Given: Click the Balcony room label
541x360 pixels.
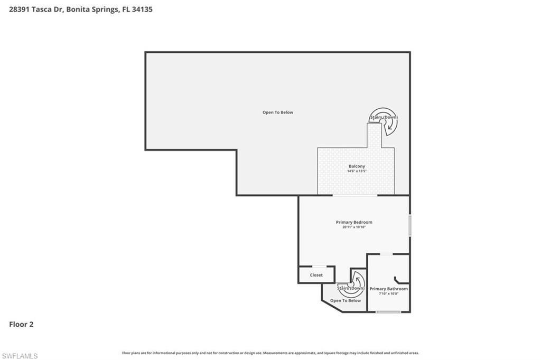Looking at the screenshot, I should tap(357, 166).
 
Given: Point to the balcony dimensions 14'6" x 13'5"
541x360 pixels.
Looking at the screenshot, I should tap(357, 172).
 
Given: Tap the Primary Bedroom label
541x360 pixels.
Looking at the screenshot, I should tap(354, 222).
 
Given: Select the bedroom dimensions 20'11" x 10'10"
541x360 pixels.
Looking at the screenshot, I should tap(354, 227).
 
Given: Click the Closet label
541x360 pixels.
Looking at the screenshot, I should tap(316, 275).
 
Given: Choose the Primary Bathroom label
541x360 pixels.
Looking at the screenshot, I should tap(388, 289).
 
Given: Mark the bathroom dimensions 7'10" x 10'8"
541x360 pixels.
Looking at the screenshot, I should tap(388, 293).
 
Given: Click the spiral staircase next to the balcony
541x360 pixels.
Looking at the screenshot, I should tap(385, 122).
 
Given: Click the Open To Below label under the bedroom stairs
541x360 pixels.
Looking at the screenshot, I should tap(346, 300).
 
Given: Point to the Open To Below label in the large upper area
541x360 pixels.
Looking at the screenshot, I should tap(278, 112).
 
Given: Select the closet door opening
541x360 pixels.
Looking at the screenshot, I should tap(319, 267).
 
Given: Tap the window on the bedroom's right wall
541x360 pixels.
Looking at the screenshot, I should tap(409, 225).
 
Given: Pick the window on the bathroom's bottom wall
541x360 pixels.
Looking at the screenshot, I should tap(388, 312).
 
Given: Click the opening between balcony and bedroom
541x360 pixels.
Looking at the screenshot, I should tap(355, 196).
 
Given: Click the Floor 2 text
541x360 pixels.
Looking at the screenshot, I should tap(21, 325).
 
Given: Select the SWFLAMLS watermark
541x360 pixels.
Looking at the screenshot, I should tap(20, 356).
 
